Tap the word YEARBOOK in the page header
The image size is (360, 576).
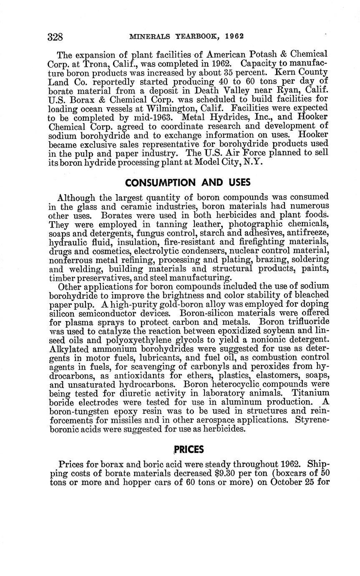(198, 36)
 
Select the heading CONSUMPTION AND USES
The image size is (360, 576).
(188, 182)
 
